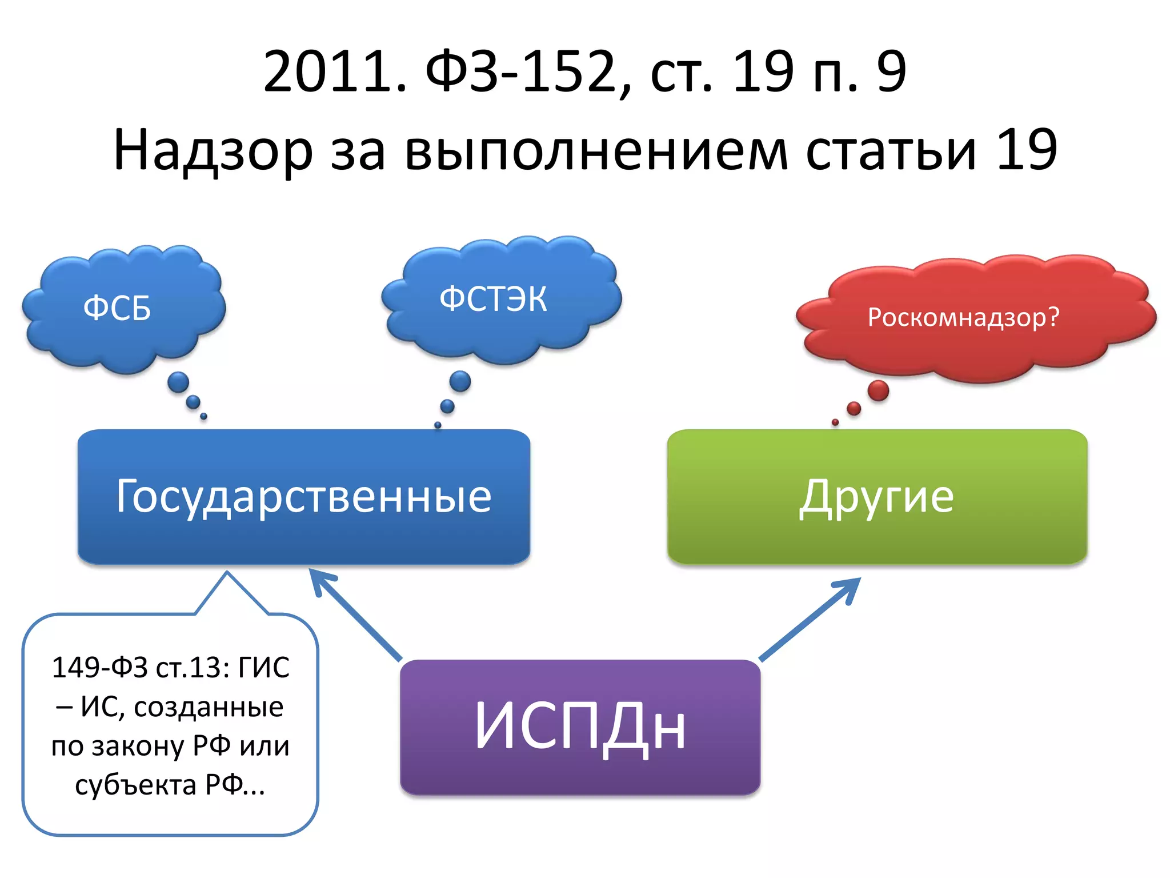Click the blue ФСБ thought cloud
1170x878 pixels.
[123, 309]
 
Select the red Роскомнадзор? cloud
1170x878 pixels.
[971, 317]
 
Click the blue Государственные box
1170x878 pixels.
[304, 496]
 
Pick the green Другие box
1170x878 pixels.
[877, 496]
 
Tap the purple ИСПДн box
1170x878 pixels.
[580, 726]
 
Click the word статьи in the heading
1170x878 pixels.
[891, 150]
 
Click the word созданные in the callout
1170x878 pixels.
[209, 707]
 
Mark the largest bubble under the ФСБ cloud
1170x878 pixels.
[178, 382]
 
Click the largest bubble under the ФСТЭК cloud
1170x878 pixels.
[460, 381]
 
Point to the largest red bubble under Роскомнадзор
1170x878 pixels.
[878, 391]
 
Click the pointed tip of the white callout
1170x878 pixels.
[227, 573]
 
